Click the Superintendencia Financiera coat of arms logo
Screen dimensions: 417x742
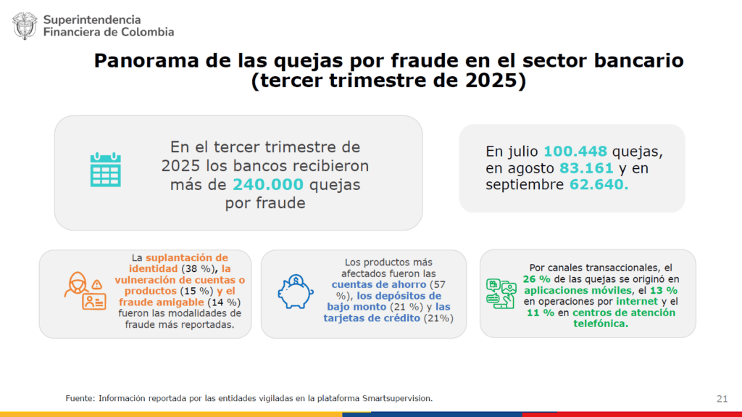24,25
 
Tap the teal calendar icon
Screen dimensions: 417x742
105,170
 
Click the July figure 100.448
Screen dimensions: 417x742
576,152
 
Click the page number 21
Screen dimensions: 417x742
722,398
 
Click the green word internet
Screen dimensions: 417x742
637,301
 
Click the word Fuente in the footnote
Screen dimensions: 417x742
79,398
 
